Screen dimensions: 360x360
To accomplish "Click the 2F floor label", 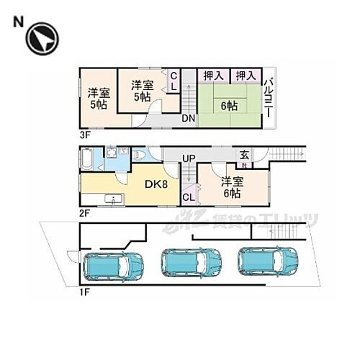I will pyautogui.click(x=86, y=214).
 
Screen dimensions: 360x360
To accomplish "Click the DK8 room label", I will pyautogui.click(x=158, y=185).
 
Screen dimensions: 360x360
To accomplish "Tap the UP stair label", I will pyautogui.click(x=189, y=158).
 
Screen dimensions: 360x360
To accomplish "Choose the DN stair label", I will pyautogui.click(x=188, y=119).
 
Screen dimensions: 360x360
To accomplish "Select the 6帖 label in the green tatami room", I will pyautogui.click(x=229, y=106).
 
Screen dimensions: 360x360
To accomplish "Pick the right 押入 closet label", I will pyautogui.click(x=246, y=75).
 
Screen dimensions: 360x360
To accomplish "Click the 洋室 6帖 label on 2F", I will pyautogui.click(x=231, y=187).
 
